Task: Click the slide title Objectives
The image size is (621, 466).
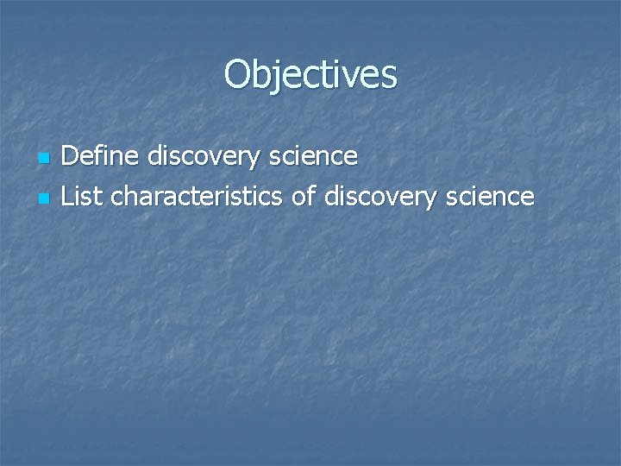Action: click(x=310, y=74)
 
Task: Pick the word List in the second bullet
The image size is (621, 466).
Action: click(x=82, y=197)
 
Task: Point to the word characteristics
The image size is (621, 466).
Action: click(x=197, y=197)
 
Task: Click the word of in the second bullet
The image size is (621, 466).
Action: click(x=304, y=197)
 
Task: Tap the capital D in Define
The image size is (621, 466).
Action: click(x=71, y=156)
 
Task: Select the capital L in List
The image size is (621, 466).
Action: click(x=68, y=197)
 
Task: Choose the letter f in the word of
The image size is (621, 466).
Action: click(x=310, y=196)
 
